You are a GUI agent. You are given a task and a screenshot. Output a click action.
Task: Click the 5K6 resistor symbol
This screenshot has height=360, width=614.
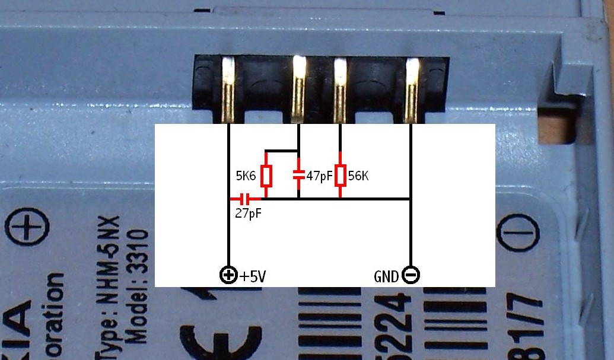click(266, 176)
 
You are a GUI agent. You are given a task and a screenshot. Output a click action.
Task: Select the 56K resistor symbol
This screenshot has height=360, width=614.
click(340, 176)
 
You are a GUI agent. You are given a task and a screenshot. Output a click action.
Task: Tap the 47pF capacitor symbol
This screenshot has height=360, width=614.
click(298, 175)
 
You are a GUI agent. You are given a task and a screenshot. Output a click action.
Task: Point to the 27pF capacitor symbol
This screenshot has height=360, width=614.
click(245, 199)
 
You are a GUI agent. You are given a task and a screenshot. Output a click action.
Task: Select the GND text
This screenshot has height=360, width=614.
click(387, 276)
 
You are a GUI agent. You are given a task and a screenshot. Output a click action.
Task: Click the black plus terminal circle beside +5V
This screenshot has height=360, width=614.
click(228, 275)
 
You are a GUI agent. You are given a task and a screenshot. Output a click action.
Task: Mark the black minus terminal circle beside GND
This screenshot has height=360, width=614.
click(411, 275)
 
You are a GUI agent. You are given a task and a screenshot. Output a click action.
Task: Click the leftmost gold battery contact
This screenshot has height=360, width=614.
click(228, 89)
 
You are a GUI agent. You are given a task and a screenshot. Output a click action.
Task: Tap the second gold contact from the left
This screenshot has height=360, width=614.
click(300, 89)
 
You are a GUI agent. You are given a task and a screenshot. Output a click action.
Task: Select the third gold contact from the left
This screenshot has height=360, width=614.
click(340, 89)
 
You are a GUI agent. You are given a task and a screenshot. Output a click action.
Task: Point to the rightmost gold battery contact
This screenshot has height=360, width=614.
click(411, 89)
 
